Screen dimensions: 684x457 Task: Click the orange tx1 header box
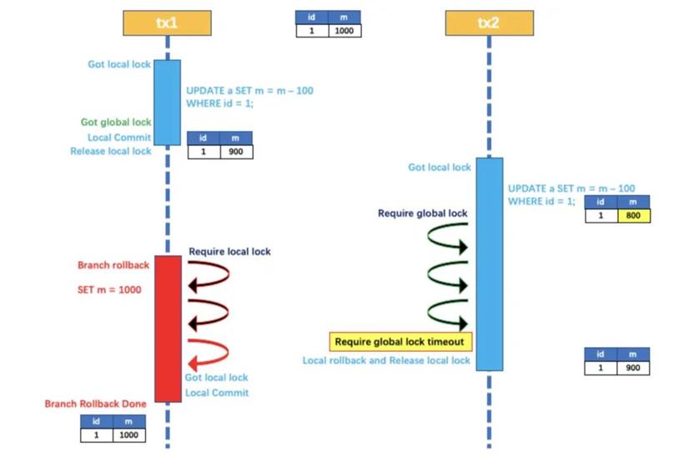[x=167, y=23]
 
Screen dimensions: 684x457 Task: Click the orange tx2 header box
[x=489, y=23]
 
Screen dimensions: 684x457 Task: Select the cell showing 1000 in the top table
[x=345, y=31]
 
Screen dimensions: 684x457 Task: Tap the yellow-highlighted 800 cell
[x=634, y=216]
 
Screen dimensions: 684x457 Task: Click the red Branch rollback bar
[x=168, y=329]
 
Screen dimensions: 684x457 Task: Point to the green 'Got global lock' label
[x=116, y=122]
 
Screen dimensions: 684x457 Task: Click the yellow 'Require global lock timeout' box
[x=400, y=342]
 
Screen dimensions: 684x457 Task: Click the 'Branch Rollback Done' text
[x=96, y=404]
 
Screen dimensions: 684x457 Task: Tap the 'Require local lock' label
[x=229, y=252]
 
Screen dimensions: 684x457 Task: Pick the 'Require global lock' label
[x=422, y=213]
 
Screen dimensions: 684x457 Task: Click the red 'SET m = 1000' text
[x=109, y=289]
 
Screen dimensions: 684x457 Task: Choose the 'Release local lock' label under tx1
[x=111, y=151]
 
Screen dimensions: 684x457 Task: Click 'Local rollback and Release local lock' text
[x=386, y=360]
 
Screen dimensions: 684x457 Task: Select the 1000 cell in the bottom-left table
[x=129, y=434]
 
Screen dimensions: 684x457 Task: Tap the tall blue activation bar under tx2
[x=490, y=264]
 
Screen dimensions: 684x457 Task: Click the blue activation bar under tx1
[x=168, y=103]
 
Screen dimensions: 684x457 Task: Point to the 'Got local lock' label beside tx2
[x=440, y=167]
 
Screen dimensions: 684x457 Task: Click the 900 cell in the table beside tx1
[x=236, y=152]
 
